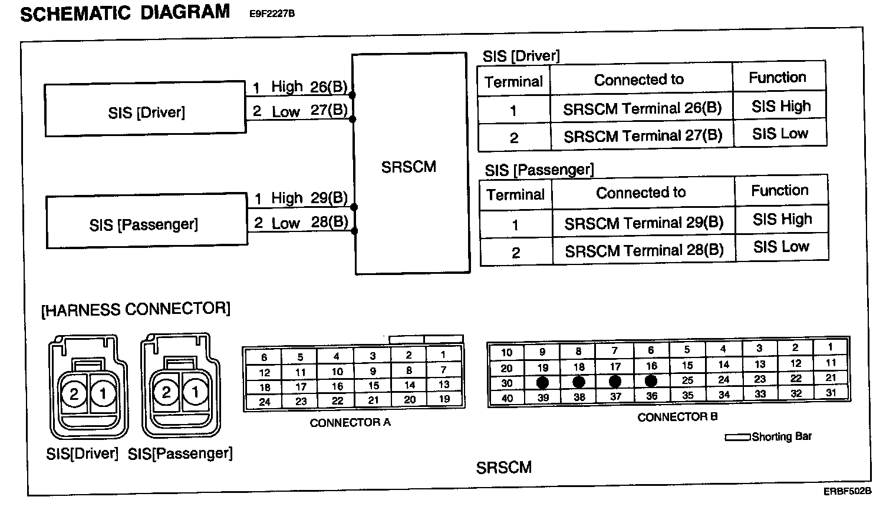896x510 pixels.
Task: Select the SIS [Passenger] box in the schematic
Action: point(146,223)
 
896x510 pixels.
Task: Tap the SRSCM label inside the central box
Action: point(409,167)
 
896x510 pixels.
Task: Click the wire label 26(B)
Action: point(328,87)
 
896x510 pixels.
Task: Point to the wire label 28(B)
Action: point(329,223)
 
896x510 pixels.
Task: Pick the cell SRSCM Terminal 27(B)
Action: point(643,136)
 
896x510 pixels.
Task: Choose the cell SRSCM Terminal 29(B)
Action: point(644,223)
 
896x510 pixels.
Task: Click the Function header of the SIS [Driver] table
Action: point(778,77)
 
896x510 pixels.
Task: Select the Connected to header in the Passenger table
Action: point(641,193)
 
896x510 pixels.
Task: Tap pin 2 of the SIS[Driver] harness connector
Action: point(74,393)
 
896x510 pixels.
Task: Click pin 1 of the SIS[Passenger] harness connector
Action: point(195,392)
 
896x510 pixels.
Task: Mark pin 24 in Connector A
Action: point(264,402)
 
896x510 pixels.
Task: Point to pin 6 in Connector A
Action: point(264,357)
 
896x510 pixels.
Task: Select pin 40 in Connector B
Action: point(506,398)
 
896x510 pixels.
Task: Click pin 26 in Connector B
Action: point(651,382)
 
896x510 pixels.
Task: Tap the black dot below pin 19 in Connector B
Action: point(543,382)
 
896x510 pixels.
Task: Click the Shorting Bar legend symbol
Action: point(737,438)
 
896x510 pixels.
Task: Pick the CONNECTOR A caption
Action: point(350,422)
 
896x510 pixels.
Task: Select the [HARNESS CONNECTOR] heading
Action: point(136,309)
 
